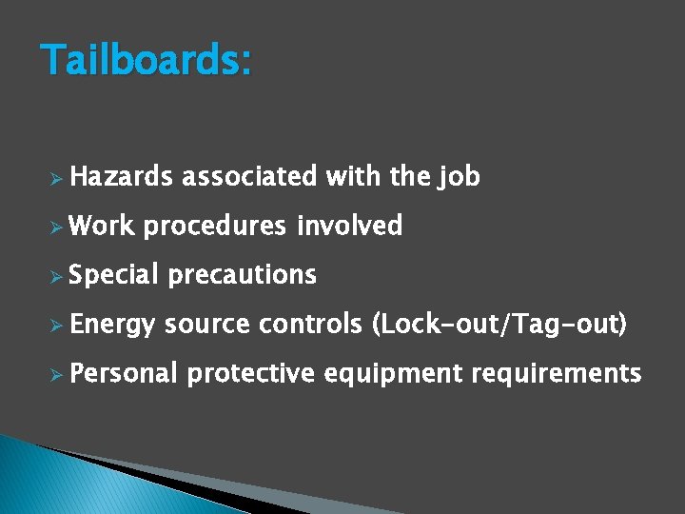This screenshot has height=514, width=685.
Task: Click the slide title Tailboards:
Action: click(x=147, y=62)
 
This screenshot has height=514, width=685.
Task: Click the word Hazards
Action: click(x=121, y=177)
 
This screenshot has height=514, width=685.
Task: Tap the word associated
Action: click(x=249, y=177)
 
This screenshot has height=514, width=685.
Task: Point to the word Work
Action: click(x=102, y=226)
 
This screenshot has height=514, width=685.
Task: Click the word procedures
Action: click(x=215, y=227)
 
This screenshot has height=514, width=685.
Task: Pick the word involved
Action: click(x=349, y=226)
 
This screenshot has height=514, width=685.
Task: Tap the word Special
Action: click(x=113, y=276)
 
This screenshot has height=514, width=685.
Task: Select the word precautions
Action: click(x=242, y=275)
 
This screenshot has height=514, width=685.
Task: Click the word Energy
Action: click(x=111, y=326)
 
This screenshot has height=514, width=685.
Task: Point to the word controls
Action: click(x=310, y=325)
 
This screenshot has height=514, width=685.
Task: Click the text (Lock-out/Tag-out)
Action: click(x=500, y=326)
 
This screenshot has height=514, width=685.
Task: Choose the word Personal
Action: click(x=124, y=373)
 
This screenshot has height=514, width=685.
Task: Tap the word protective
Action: click(x=250, y=374)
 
